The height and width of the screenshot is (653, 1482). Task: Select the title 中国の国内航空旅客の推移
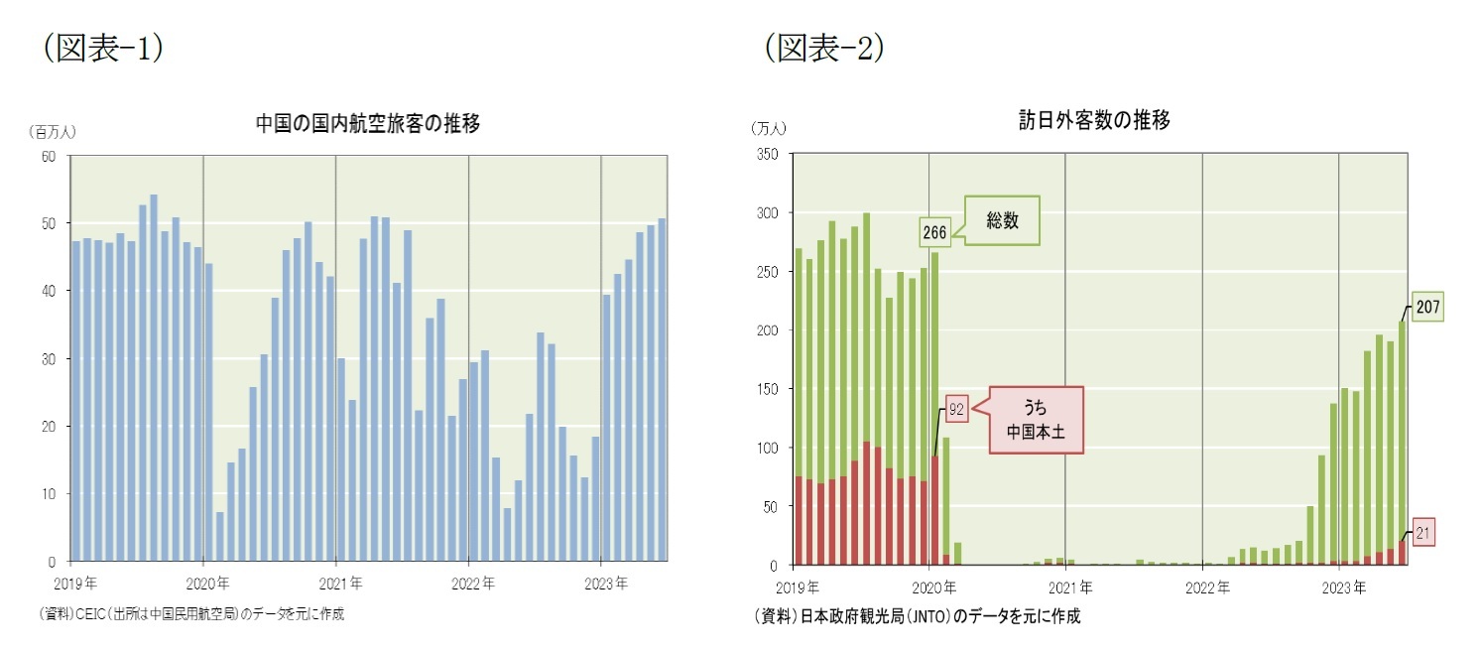pos(368,124)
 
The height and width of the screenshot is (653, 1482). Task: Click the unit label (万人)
pos(769,127)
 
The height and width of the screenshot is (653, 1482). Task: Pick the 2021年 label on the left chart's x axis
pos(341,584)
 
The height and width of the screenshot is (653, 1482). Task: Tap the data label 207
pos(1427,309)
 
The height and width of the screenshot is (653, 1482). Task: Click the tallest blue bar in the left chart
pos(154,377)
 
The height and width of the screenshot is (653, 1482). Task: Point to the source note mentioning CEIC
pos(191,614)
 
